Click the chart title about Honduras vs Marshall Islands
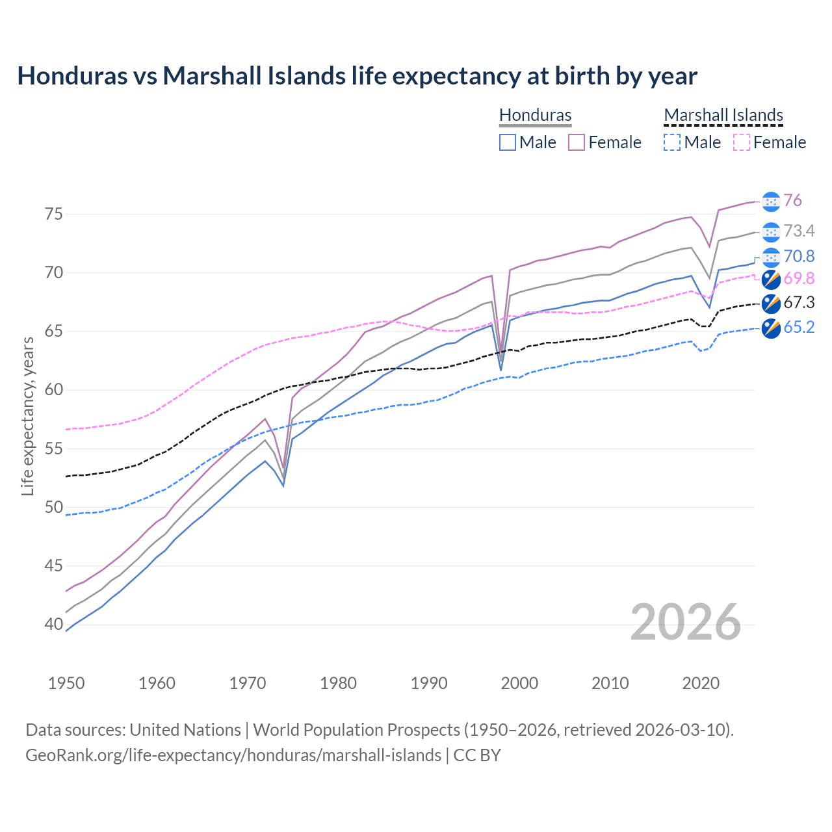coord(357,76)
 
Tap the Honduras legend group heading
coord(535,116)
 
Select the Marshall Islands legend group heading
coord(723,116)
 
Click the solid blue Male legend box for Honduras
coord(508,142)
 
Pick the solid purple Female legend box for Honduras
coord(577,142)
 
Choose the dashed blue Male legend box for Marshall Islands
coord(672,142)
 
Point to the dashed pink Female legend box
coord(742,142)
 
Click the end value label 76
coord(792,201)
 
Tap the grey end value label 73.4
coord(799,231)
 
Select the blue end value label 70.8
coord(799,257)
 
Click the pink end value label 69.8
coord(799,279)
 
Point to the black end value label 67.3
coord(799,303)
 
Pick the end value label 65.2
coord(799,328)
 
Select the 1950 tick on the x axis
coord(66,683)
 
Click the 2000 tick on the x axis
coord(519,683)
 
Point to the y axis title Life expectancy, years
coord(28,416)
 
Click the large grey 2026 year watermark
coord(686,623)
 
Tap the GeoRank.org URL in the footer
coord(233,755)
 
